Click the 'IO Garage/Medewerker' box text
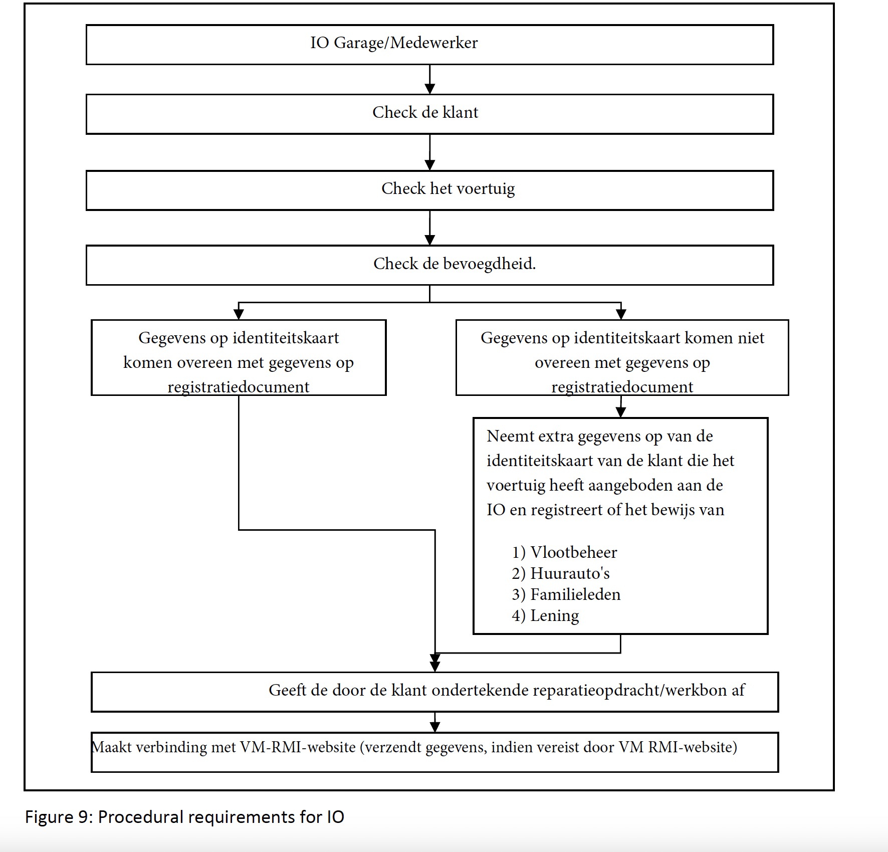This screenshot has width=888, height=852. [x=394, y=43]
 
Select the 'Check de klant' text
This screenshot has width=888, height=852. [x=425, y=112]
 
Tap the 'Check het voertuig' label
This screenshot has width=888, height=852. [x=448, y=189]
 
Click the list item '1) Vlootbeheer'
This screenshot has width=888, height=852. [x=564, y=552]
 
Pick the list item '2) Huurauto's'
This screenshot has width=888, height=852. [x=561, y=573]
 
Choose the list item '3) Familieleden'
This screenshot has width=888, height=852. [x=566, y=594]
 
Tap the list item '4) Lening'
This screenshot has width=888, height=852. [x=545, y=616]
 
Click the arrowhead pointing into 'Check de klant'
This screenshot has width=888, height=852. [x=429, y=89]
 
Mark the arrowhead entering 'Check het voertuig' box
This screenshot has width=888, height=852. [x=429, y=165]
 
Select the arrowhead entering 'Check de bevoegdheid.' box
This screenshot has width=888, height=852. [x=429, y=240]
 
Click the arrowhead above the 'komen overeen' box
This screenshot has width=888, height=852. [x=239, y=314]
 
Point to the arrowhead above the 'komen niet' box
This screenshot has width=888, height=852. [x=621, y=314]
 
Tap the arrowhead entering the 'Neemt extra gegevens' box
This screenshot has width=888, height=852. [x=621, y=412]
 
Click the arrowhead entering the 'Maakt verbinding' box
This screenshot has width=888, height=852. [x=435, y=727]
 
